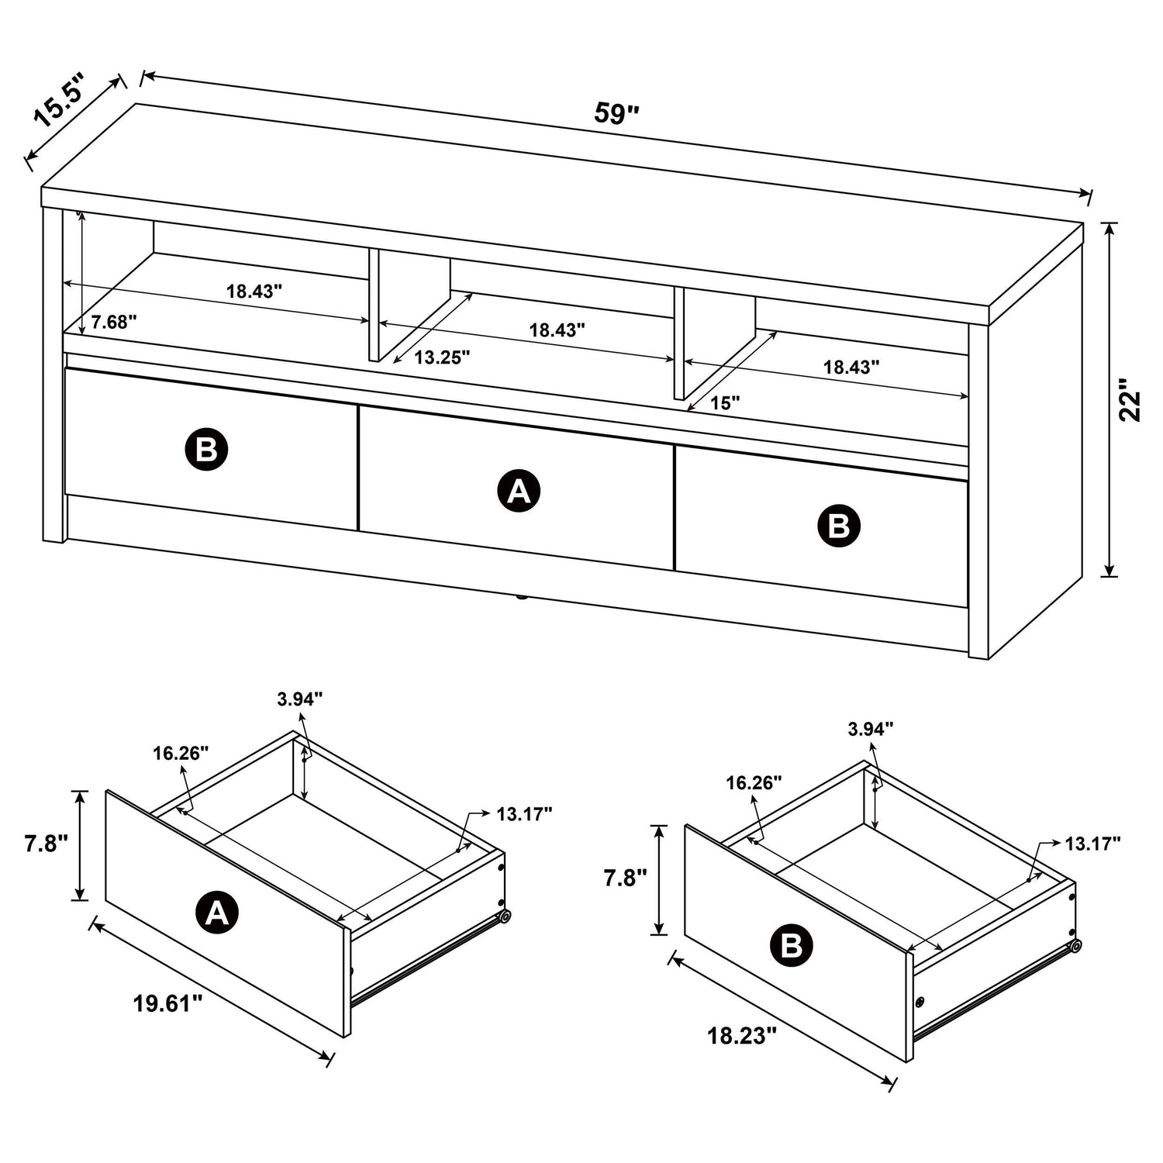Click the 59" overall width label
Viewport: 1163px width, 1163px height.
[x=616, y=114]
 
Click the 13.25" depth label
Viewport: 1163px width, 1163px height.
[x=442, y=357]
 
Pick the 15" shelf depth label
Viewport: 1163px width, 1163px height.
[x=724, y=402]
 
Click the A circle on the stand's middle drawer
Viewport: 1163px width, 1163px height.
[x=518, y=491]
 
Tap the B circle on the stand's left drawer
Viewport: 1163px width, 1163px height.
[x=206, y=449]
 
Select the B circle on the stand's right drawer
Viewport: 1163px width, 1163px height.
[x=839, y=526]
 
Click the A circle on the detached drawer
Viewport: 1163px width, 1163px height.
[x=217, y=913]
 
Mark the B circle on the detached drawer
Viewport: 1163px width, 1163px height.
[x=792, y=945]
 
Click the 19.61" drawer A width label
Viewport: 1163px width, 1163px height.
[x=167, y=1004]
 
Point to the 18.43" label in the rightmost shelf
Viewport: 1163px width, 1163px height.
[x=851, y=368]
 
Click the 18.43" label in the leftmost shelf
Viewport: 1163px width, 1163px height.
[x=254, y=292]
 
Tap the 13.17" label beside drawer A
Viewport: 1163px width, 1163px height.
[x=524, y=813]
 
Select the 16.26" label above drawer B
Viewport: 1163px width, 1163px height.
[x=754, y=782]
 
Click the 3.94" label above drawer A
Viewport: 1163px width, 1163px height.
[x=299, y=699]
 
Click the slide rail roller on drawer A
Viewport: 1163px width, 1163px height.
[x=505, y=916]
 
